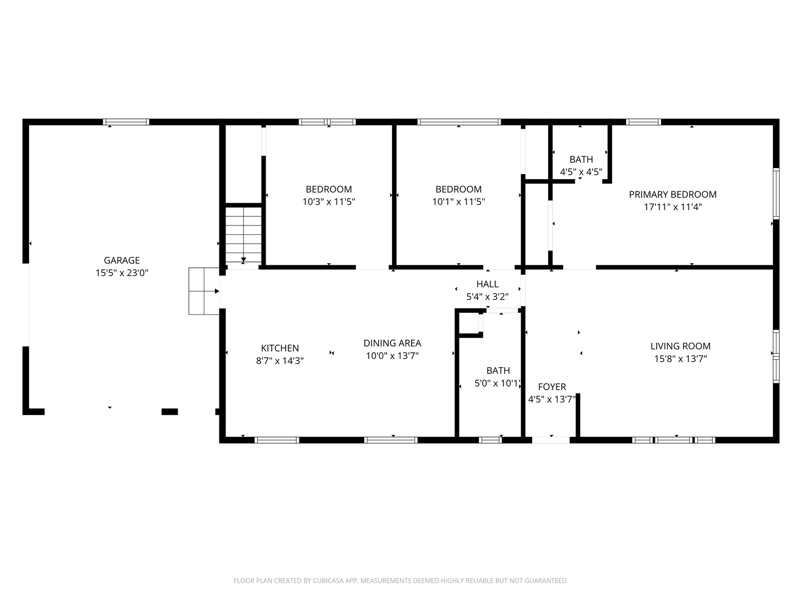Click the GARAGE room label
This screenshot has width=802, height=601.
point(121,260)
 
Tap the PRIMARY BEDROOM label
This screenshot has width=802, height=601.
point(672,195)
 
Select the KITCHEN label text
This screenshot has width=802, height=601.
point(280,348)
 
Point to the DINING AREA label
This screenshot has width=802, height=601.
point(392,343)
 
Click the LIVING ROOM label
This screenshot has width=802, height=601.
point(681,346)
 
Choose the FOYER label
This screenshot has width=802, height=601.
point(552,386)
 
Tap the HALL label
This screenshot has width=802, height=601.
point(487,284)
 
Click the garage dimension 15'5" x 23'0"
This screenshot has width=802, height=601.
point(121,273)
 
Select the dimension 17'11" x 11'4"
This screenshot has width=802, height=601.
point(673,207)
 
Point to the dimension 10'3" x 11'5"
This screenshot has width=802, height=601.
point(329,201)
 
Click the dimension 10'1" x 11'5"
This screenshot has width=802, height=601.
point(458,201)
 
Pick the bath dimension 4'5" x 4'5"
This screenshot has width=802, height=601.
point(581,171)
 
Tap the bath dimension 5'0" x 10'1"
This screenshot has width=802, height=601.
point(498,383)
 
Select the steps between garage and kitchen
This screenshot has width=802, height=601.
point(204,291)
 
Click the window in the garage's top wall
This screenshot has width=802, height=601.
point(126,122)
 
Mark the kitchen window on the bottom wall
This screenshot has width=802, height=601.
point(277,440)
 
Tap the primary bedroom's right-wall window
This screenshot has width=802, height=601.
point(776,194)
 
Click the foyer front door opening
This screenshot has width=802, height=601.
point(551,440)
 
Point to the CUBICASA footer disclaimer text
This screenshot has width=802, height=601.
point(401,580)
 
